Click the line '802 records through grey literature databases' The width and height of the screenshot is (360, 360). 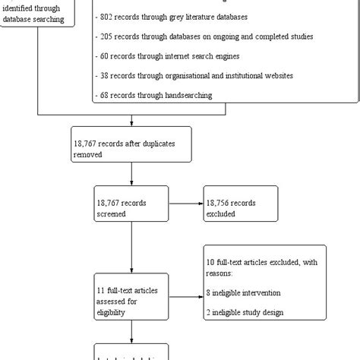[x=175, y=16]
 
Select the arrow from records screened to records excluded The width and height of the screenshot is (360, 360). [x=185, y=203]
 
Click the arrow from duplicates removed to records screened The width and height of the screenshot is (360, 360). [x=132, y=175]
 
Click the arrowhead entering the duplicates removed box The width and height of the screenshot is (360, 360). [x=132, y=123]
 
